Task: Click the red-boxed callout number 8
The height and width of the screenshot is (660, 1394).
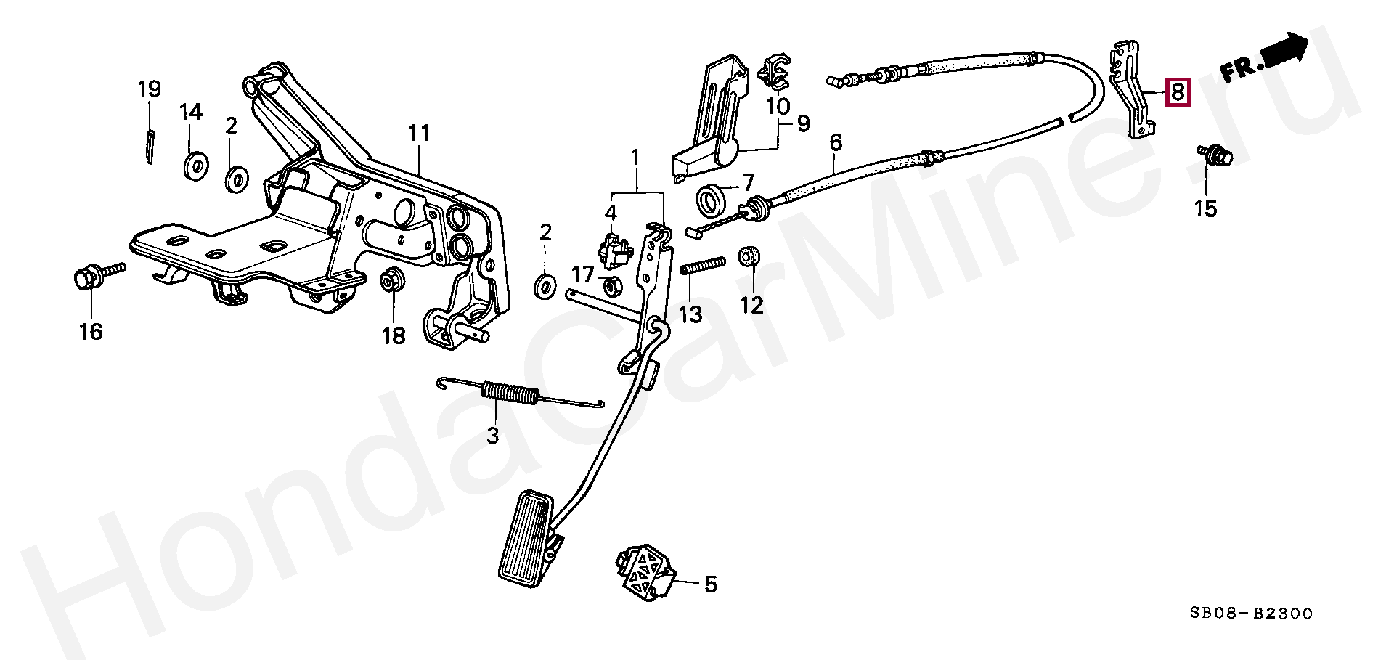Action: [1177, 92]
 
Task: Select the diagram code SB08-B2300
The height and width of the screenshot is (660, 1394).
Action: [1250, 614]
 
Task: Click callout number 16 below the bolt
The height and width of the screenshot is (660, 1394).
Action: [91, 332]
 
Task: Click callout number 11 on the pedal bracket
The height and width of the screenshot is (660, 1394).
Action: [419, 134]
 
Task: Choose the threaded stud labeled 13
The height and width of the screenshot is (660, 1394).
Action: [703, 266]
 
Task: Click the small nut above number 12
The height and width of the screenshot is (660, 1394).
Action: [749, 257]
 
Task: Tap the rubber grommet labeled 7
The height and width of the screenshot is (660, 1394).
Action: [711, 200]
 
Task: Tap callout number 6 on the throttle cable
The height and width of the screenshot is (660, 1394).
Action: [836, 142]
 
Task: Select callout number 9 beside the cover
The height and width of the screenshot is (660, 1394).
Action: [802, 123]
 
